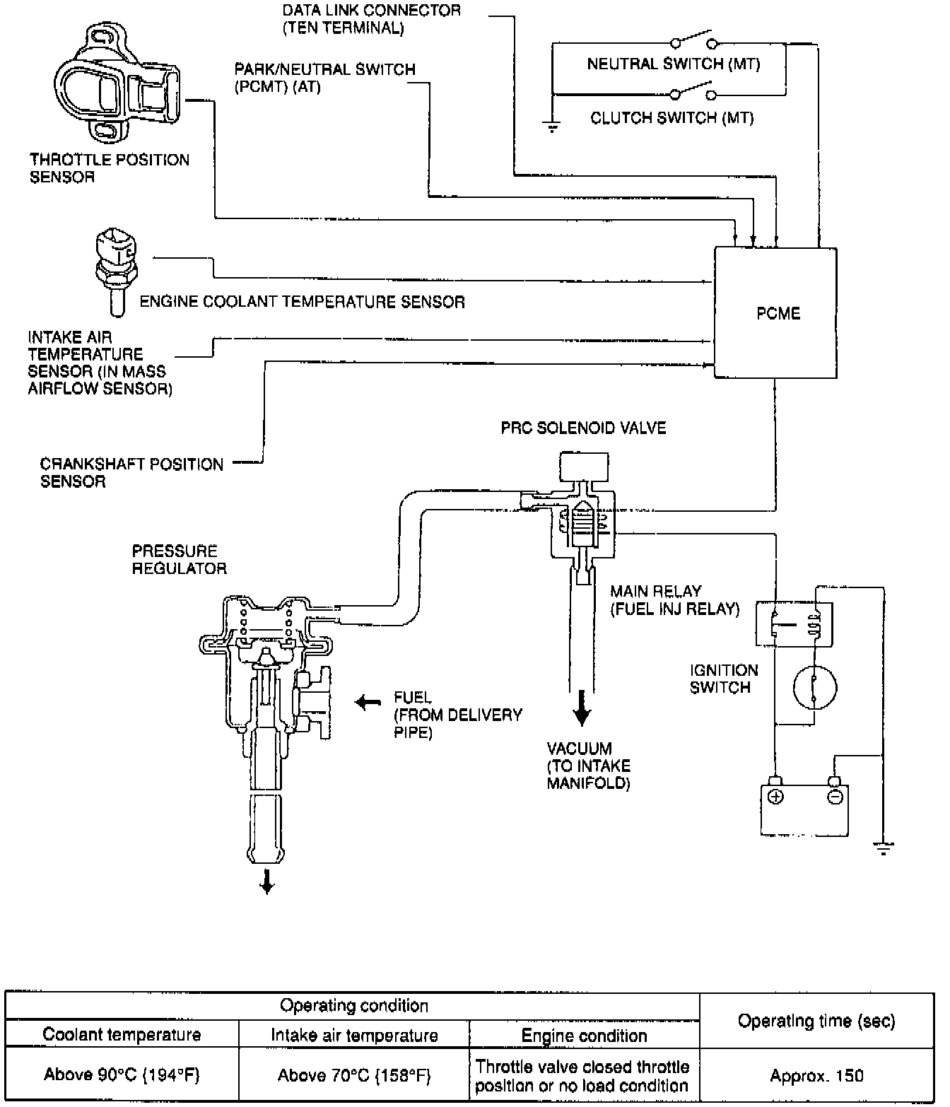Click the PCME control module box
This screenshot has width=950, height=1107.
pos(775,313)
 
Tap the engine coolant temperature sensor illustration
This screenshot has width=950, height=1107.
pos(113,268)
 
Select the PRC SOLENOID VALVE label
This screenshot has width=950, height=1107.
pos(583,428)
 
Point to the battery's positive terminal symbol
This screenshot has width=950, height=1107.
pos(775,797)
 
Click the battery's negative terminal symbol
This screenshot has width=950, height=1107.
pos(835,797)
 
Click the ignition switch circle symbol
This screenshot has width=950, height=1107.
pos(815,686)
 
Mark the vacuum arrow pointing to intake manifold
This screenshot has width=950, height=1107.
pos(581,709)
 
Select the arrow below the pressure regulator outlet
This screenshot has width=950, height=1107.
pos(267,881)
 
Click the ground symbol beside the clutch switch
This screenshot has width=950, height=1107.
pos(552,127)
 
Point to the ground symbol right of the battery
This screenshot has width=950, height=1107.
pos(884,847)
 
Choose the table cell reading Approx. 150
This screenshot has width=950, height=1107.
pos(816,1075)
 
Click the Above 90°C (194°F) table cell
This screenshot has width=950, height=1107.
pos(122,1075)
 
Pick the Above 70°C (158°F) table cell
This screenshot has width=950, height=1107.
pos(354,1075)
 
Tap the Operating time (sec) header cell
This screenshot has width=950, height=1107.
pos(816,1021)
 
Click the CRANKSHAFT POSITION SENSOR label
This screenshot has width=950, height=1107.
pos(131,473)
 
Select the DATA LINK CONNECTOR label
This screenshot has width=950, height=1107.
pos(371,19)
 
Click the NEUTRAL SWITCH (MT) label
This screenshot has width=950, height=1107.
pos(673,64)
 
